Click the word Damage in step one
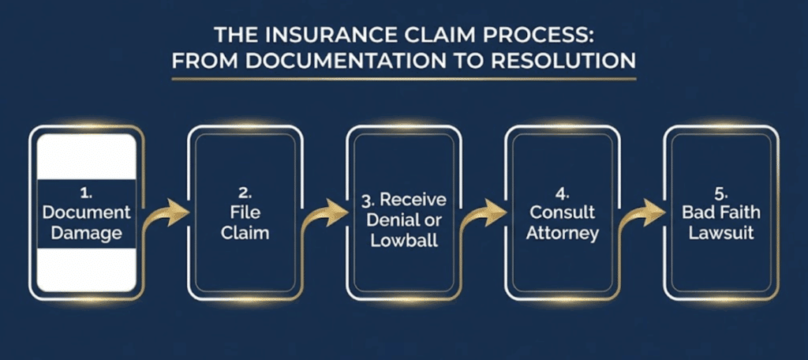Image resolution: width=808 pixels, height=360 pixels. (x=88, y=234)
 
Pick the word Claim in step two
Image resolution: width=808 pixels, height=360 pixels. (x=245, y=234)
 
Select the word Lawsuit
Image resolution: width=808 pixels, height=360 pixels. (x=720, y=234)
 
